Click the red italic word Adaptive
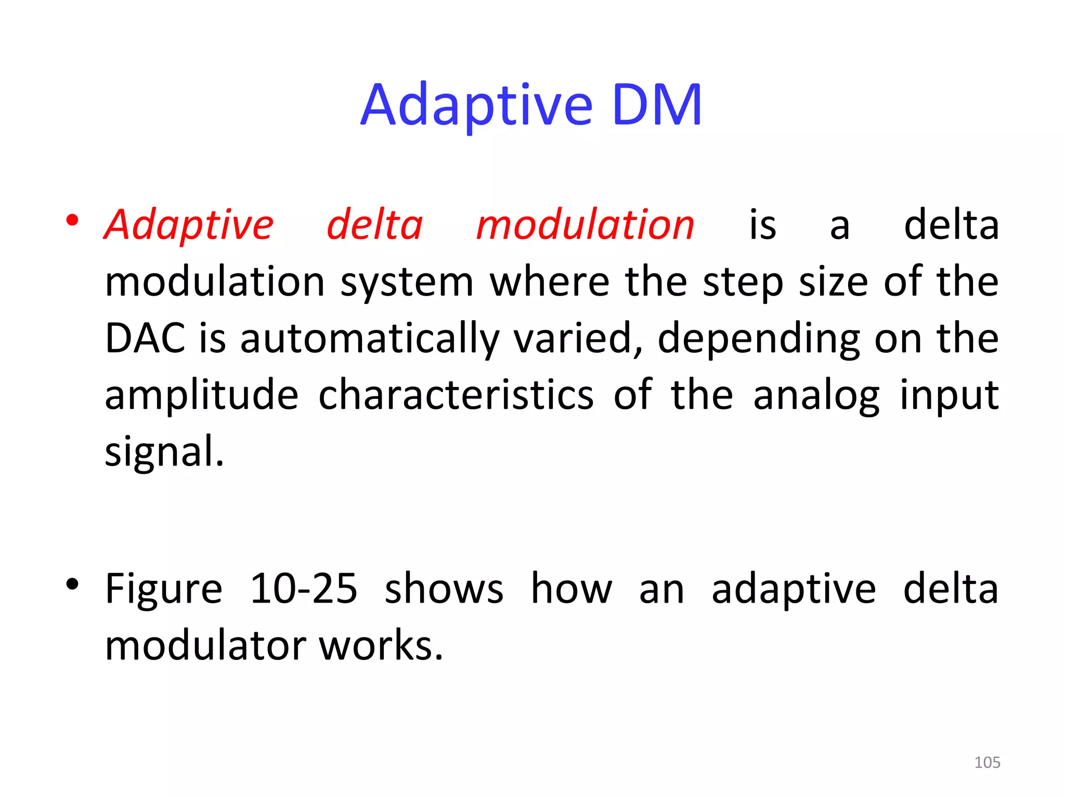189,225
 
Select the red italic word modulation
585,225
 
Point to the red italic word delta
374,225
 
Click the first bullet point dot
72,221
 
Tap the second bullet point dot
72,585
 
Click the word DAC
145,338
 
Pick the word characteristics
456,395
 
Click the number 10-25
304,589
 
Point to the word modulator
205,646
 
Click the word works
381,646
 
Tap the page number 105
987,762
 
